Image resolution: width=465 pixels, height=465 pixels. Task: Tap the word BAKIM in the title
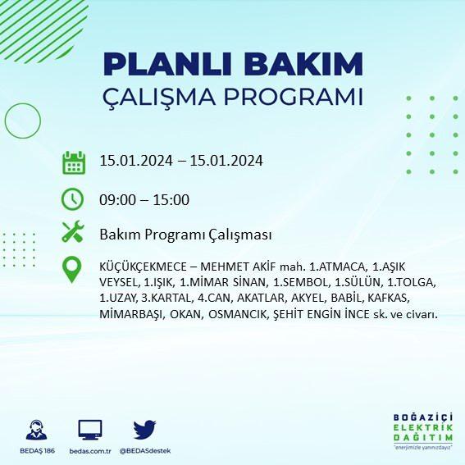click(x=303, y=64)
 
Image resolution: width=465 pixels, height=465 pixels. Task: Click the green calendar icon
click(x=74, y=162)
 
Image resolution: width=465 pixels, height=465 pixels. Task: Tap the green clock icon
click(x=73, y=199)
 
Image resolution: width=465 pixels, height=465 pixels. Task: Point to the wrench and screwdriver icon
click(x=73, y=231)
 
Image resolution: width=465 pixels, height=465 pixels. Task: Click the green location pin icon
click(x=72, y=270)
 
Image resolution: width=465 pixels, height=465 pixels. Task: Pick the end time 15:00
click(x=171, y=200)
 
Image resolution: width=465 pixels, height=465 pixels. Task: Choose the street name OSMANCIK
click(x=238, y=314)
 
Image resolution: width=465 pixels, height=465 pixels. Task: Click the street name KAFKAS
click(x=388, y=298)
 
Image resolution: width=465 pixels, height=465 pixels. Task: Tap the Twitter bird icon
click(x=144, y=430)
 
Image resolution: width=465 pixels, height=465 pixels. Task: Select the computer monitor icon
click(x=90, y=430)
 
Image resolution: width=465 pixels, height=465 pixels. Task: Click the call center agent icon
click(x=36, y=430)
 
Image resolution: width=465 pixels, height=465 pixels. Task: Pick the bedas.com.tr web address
click(x=90, y=451)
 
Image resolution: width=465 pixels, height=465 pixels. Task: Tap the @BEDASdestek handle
click(x=145, y=451)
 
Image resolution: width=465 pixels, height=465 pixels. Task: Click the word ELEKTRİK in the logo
click(x=423, y=427)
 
